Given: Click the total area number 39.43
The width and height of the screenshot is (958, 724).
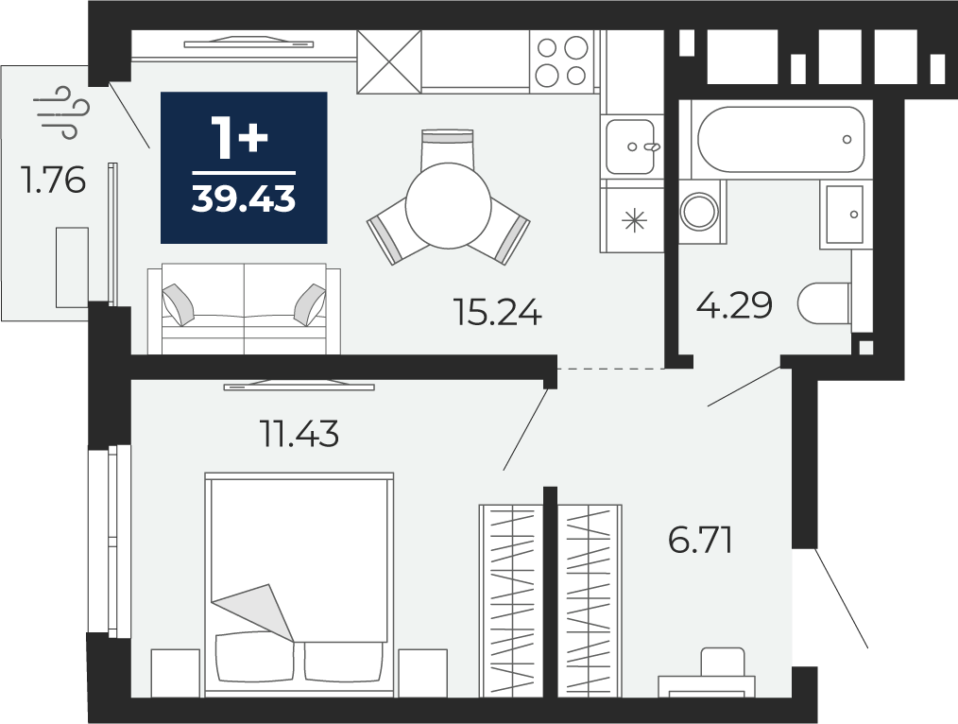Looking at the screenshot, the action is [x=243, y=198].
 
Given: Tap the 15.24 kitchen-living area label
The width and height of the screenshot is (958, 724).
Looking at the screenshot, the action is [x=497, y=312].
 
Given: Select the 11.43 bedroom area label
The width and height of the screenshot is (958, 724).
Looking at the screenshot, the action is [x=299, y=434].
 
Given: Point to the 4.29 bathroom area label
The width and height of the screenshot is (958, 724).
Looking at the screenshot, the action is [x=734, y=305].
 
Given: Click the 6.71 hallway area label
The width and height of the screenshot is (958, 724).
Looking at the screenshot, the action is [x=700, y=540].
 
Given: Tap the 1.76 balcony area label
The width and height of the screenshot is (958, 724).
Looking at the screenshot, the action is [x=53, y=181].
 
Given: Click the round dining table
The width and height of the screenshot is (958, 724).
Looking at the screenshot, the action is [x=449, y=205].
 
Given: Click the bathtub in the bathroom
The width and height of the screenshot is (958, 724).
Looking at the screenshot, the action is [x=780, y=139].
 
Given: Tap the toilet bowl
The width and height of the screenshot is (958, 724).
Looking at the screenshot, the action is [x=824, y=303].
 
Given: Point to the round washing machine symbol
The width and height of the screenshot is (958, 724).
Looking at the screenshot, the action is [x=699, y=212].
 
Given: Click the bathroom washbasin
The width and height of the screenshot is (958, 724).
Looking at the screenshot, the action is [x=845, y=215].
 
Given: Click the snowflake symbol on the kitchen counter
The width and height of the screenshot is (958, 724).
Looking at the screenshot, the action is [x=634, y=220].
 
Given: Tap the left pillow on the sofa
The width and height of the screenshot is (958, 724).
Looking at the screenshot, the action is [x=179, y=304].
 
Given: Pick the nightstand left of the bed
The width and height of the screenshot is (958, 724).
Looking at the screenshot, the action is [x=176, y=673].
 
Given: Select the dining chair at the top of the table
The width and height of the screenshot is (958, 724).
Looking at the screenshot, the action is [x=448, y=146].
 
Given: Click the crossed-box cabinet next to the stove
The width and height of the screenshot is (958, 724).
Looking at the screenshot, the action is [x=389, y=61].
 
